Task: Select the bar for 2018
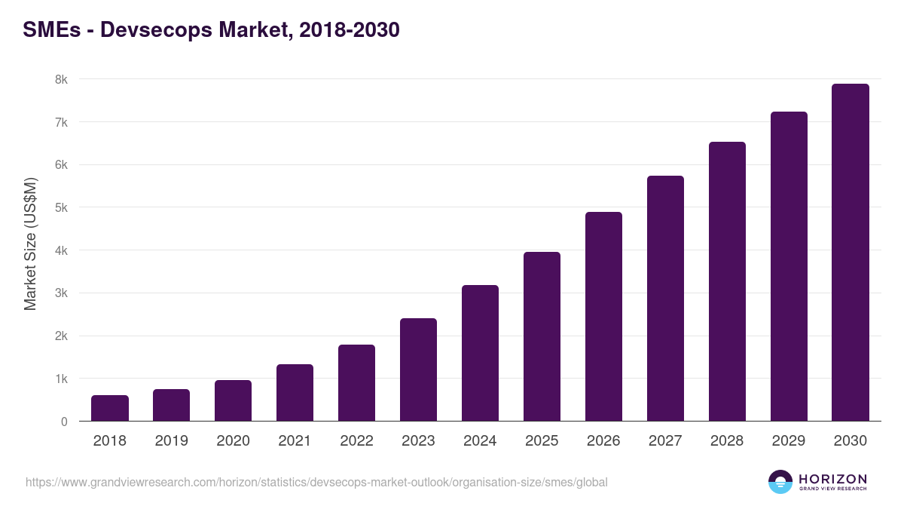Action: [110, 408]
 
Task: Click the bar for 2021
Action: [295, 393]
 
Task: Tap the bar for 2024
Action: [480, 353]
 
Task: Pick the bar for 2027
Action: [665, 299]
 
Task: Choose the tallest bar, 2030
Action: [851, 253]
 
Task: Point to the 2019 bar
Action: [172, 405]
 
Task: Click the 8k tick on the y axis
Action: [60, 79]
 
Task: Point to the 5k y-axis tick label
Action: [60, 207]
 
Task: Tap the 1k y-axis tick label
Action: [60, 379]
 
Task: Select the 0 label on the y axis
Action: [64, 422]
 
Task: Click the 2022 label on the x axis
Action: [356, 441]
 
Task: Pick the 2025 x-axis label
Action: [542, 441]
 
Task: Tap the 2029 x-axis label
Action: [789, 441]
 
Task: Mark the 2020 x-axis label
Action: [233, 441]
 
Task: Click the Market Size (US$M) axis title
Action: [31, 243]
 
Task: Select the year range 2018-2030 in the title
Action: [349, 30]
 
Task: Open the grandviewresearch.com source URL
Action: [316, 482]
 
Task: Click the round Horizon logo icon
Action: [780, 482]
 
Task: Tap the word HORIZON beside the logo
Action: [832, 479]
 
